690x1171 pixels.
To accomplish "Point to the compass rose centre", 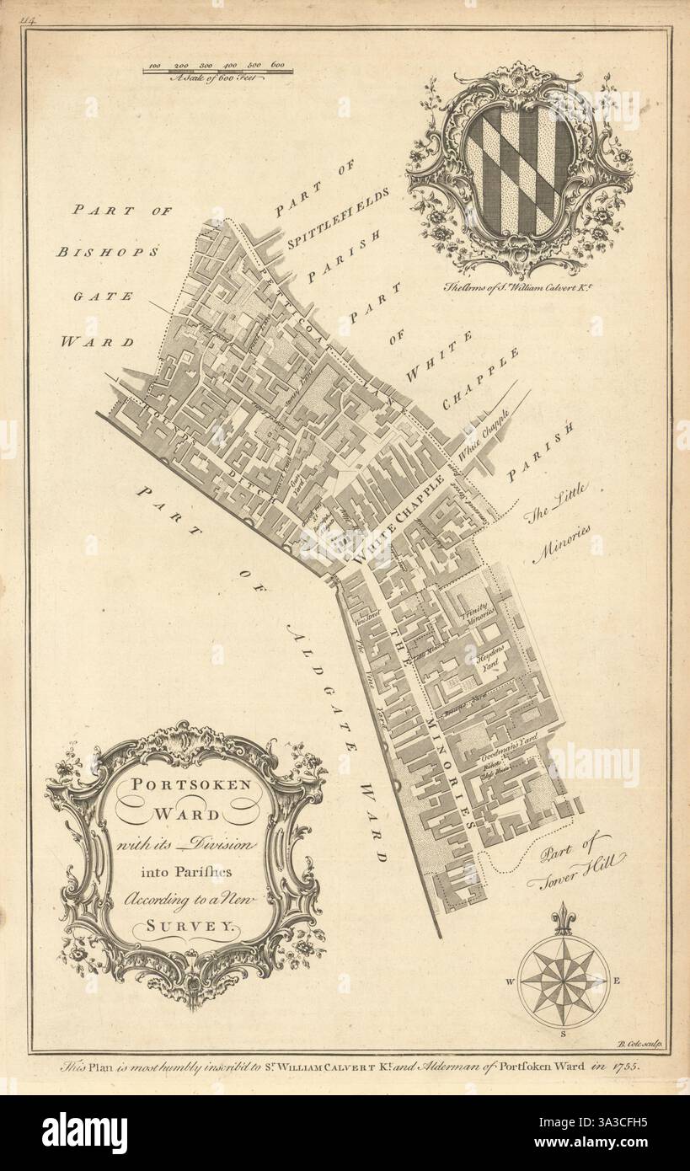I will click(x=563, y=980).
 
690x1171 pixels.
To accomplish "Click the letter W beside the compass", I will click(x=510, y=981).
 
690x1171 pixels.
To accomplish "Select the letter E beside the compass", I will click(x=616, y=980).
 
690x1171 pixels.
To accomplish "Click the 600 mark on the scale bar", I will click(x=277, y=65).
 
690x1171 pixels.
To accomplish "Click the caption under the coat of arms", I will click(x=518, y=285).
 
